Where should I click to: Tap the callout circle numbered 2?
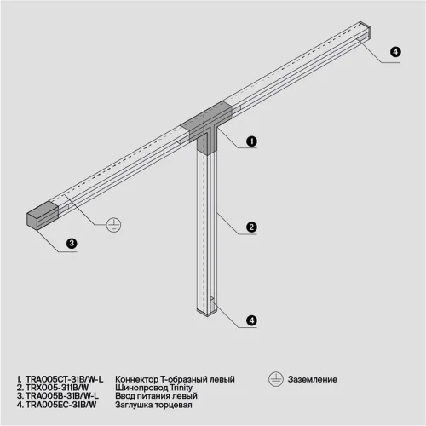[x=251, y=227]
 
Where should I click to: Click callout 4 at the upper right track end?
[x=394, y=52]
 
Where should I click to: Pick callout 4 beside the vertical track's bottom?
[x=251, y=319]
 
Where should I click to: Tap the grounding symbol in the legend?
[x=274, y=377]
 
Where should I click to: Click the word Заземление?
[x=313, y=378]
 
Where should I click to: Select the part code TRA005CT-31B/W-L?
[x=63, y=378]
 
